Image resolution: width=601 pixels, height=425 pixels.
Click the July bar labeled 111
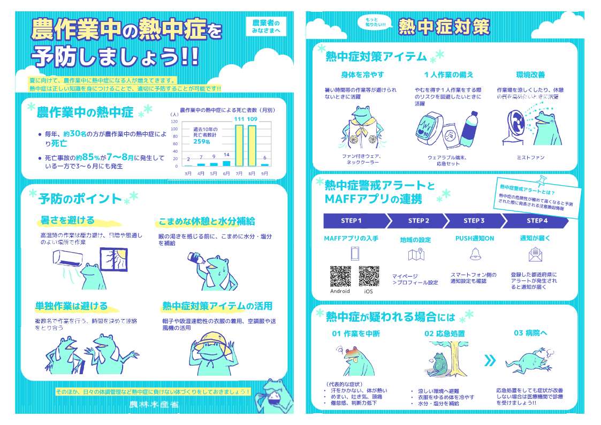[239, 145]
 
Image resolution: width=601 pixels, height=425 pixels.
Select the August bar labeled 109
[252, 145]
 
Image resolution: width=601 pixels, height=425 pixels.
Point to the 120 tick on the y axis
[174, 122]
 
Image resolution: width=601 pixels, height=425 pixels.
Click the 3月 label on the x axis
[188, 174]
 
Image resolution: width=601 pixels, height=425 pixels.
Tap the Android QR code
[340, 276]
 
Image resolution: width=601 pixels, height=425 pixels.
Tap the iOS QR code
[369, 276]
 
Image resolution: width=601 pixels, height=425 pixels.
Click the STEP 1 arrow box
[353, 221]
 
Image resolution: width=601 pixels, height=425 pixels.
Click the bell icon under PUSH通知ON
[475, 254]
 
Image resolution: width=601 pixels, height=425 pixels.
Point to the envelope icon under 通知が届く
[535, 254]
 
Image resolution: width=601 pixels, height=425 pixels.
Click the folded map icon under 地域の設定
[416, 255]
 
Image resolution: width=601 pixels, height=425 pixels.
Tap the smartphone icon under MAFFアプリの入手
[354, 253]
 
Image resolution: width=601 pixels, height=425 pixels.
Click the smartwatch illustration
[429, 130]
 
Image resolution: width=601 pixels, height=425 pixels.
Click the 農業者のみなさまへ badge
[266, 27]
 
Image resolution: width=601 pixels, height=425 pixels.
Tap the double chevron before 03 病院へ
[489, 360]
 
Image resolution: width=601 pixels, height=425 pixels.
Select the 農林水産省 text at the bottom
[154, 405]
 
